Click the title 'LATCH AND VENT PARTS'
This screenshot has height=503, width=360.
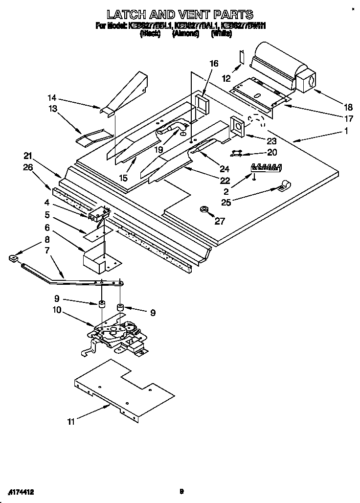click(x=180, y=14)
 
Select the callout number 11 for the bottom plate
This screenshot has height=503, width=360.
click(x=72, y=422)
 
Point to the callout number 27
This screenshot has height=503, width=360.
click(x=220, y=221)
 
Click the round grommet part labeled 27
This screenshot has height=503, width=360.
click(x=203, y=210)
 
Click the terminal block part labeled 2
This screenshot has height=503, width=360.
click(x=267, y=167)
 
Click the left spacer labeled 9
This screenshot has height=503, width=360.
click(x=102, y=305)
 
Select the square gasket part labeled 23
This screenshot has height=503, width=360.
click(x=238, y=125)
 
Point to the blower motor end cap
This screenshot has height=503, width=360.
click(x=306, y=81)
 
